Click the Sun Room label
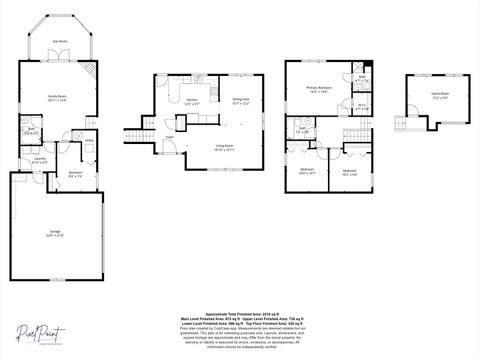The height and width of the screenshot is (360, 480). coord(61,42)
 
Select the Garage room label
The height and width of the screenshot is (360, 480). coord(55,232)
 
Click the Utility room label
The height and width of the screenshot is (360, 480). coord(88,140)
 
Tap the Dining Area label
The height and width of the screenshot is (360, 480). coord(241,100)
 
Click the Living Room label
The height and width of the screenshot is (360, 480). coord(225,146)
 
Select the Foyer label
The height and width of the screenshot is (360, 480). coord(170,136)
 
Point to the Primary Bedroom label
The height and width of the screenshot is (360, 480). coord(318,89)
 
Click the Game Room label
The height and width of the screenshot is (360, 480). coord(439,94)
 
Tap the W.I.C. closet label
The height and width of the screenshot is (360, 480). coord(363,106)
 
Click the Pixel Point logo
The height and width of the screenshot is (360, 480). coord(38,334)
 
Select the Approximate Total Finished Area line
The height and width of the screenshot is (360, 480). coord(240,313)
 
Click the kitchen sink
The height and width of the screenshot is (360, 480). coord(199,79)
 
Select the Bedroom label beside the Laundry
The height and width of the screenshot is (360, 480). coord(75,173)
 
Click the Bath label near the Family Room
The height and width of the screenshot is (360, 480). coord(32,130)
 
